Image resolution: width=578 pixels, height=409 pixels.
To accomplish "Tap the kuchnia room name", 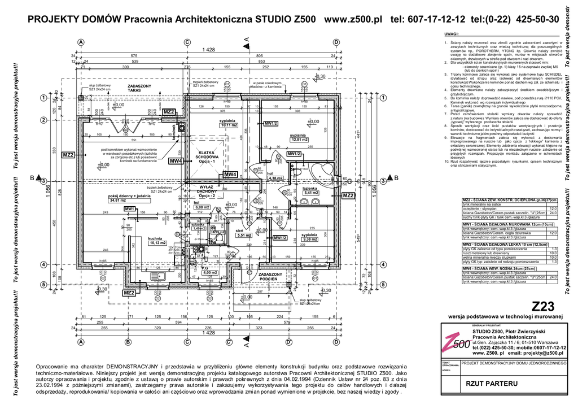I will click(156, 239).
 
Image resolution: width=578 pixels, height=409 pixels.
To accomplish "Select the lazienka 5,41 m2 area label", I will click(312, 193).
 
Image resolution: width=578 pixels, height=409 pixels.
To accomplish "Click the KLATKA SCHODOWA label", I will click(207, 155).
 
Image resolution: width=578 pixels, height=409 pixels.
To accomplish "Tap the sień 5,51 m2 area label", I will click(244, 235).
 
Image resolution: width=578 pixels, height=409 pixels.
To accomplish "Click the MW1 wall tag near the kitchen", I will click(130, 209).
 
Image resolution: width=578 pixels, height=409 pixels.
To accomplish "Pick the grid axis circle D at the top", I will click(336, 42).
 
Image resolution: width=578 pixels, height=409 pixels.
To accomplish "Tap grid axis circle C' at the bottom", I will click(229, 342).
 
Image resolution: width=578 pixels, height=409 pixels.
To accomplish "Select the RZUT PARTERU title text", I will click(486, 384).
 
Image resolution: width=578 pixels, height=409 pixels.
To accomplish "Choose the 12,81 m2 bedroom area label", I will click(298, 140).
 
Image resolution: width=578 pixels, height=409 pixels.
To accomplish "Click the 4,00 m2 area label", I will click(209, 273).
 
